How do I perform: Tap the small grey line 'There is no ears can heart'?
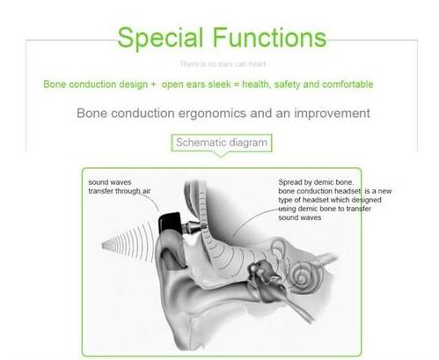(219, 64)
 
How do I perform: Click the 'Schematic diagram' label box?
(219, 142)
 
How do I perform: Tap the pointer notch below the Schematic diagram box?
(219, 155)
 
